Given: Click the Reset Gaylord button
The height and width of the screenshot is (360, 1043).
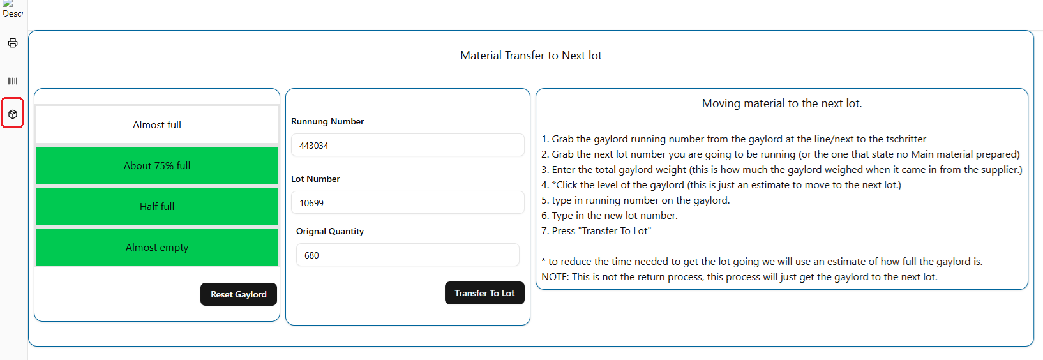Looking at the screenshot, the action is click(x=238, y=294).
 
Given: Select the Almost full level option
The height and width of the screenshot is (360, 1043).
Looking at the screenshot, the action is click(x=157, y=125).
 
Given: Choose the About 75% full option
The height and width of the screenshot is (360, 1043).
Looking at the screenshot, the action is click(x=157, y=165).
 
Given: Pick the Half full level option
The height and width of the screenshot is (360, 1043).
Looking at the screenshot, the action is click(x=157, y=206).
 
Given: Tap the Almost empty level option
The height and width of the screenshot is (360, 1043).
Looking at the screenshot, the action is click(x=157, y=247).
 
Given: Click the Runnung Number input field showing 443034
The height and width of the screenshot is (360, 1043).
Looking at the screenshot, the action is click(x=407, y=146).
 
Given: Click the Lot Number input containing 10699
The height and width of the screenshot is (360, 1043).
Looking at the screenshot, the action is click(x=407, y=202).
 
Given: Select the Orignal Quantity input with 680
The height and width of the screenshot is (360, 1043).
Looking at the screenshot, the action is click(x=407, y=255).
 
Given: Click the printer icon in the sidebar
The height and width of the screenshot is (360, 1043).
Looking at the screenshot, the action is click(x=13, y=43).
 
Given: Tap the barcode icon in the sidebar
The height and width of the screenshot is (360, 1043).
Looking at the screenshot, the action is click(x=13, y=81).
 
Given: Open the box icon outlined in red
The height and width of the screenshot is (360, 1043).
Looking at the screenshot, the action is click(x=13, y=114).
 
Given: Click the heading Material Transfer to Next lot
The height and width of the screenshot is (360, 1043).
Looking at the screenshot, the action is click(x=531, y=56).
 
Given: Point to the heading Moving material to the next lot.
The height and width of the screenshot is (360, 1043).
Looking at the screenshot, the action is click(x=782, y=103).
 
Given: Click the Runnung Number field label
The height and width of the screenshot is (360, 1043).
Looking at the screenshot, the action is click(x=327, y=121).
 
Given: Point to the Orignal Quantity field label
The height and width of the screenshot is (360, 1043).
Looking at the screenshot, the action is click(x=329, y=232).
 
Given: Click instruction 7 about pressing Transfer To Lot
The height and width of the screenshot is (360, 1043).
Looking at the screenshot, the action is click(x=596, y=231).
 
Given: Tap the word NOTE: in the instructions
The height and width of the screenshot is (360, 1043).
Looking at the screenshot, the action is click(x=555, y=276).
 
